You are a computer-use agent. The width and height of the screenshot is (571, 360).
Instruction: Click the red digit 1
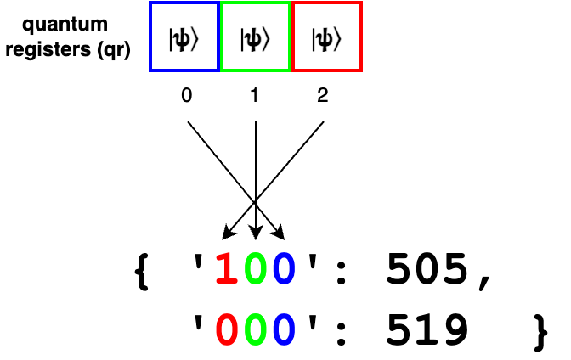[226, 268]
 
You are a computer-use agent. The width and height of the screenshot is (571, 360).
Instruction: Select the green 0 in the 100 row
[255, 268]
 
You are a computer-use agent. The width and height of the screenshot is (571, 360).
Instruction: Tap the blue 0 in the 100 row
[284, 268]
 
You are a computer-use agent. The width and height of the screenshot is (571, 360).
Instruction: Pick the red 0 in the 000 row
[226, 329]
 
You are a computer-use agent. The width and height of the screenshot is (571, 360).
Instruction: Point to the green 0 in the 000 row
[255, 329]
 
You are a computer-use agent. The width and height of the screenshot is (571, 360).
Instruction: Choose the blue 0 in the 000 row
[284, 329]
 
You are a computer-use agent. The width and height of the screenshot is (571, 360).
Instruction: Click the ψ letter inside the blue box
[182, 39]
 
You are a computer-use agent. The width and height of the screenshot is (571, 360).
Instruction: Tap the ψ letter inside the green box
[253, 39]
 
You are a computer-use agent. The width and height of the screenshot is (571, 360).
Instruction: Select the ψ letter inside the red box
[325, 39]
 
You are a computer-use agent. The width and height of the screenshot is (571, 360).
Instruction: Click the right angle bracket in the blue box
[195, 39]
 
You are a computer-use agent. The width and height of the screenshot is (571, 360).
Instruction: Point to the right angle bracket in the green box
[266, 39]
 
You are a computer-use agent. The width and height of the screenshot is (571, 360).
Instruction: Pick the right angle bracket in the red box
[337, 39]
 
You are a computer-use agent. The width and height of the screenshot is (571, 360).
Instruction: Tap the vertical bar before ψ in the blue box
[171, 39]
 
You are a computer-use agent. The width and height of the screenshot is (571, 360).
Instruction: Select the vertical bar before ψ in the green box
[242, 39]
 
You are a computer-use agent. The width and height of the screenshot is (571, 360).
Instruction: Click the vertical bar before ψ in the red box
[314, 39]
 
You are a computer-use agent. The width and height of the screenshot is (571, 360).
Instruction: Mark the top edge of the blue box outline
[184, 3]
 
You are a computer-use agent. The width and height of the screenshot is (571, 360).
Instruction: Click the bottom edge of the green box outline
[256, 70]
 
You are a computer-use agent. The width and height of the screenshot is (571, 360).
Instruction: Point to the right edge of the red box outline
[360, 37]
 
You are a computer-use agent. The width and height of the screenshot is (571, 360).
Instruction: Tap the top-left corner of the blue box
[151, 3]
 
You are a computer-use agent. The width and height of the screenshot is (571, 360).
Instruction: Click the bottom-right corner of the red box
[360, 70]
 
